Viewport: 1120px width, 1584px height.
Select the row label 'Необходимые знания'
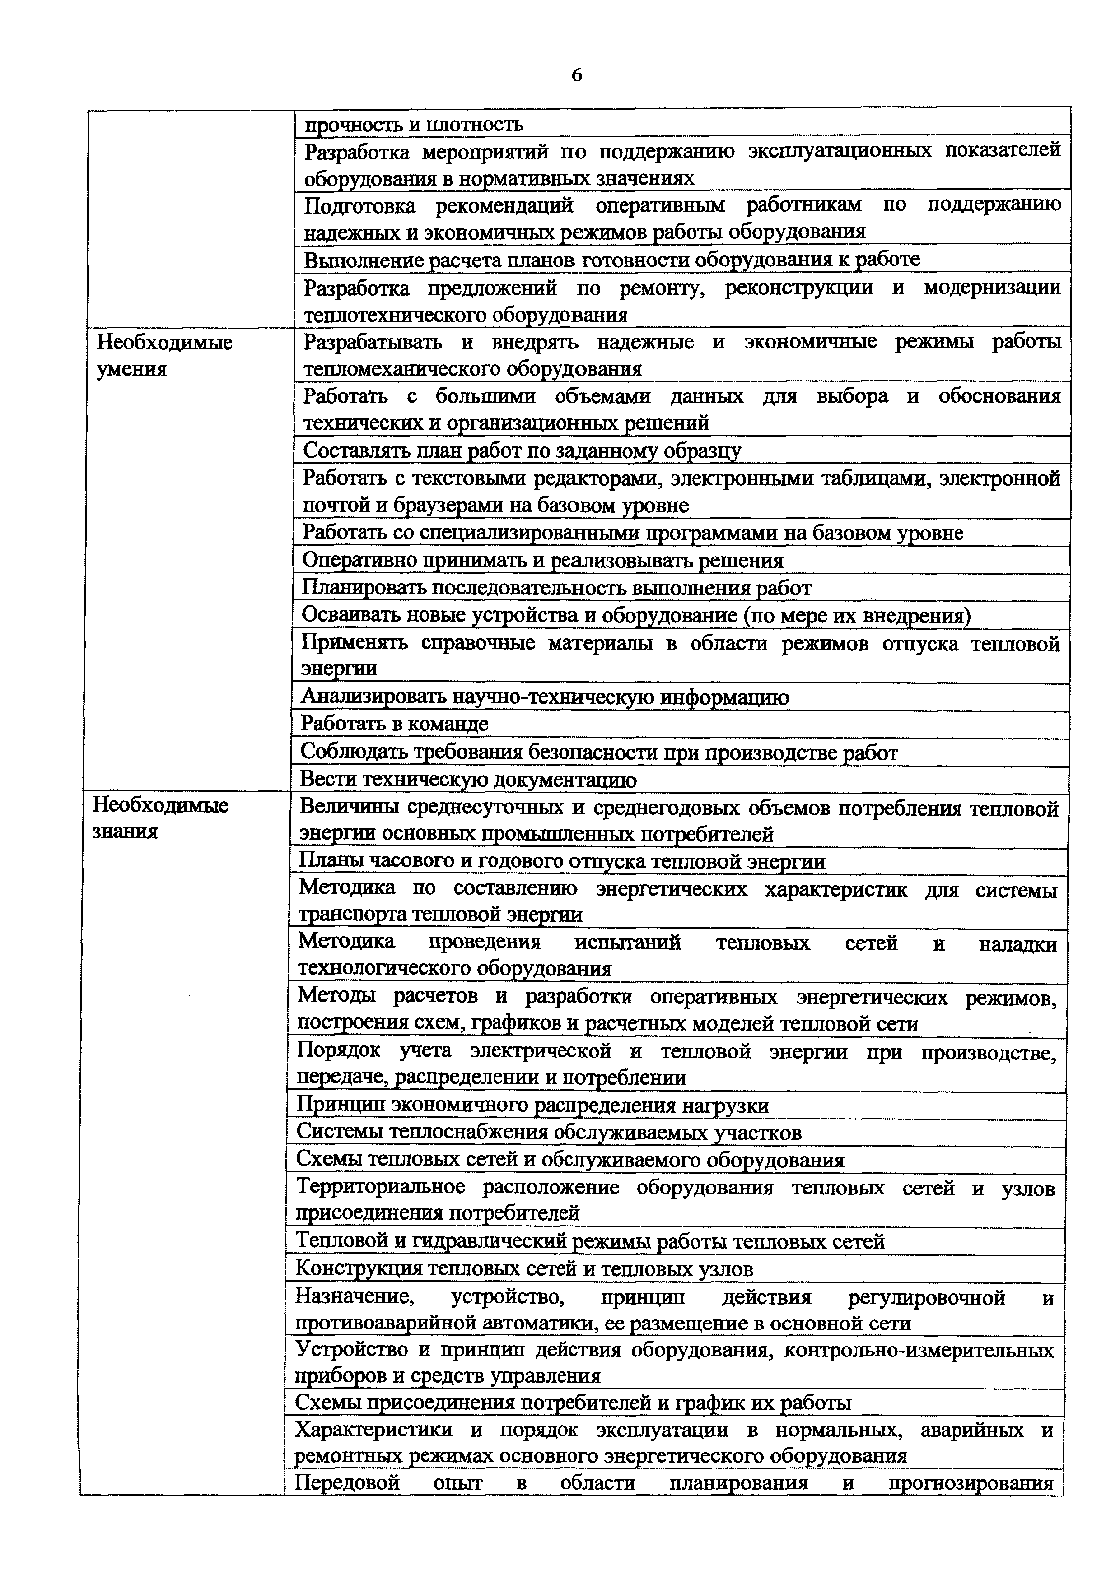click(160, 818)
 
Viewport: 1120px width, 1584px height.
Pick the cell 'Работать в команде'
click(394, 724)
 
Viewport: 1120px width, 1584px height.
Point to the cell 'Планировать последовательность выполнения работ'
click(556, 588)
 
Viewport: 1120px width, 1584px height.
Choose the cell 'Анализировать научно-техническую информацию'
click(545, 697)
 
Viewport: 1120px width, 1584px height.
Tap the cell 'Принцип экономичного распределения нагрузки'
click(532, 1105)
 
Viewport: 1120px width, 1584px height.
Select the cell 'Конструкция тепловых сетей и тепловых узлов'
click(524, 1269)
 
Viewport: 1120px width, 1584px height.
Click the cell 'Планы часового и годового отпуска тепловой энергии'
click(562, 862)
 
